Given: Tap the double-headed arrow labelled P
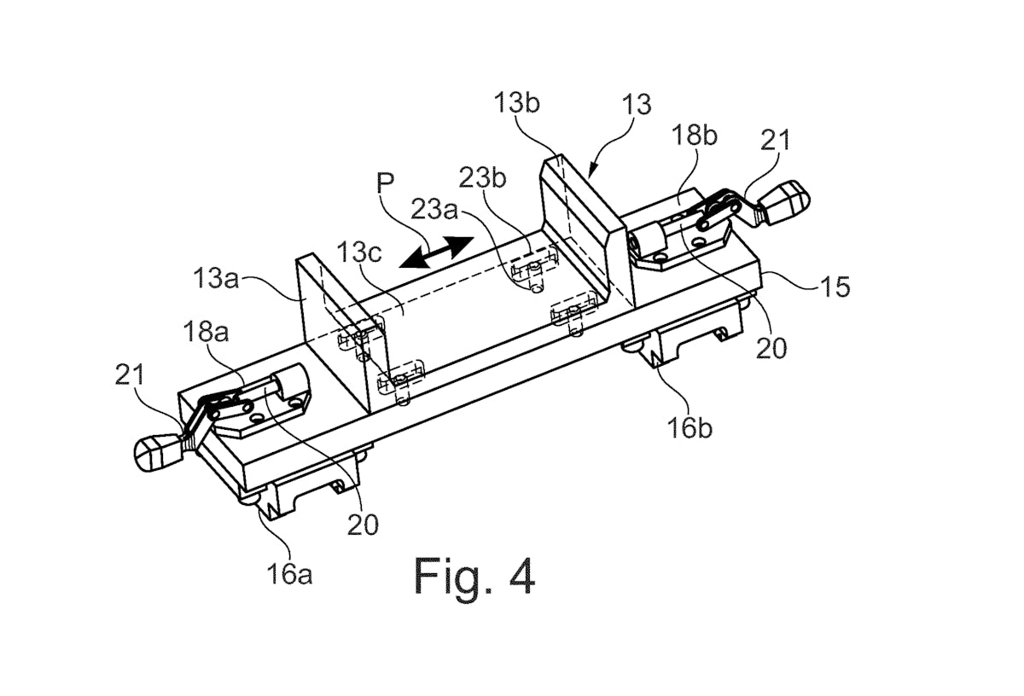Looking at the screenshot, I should pos(437,252).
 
